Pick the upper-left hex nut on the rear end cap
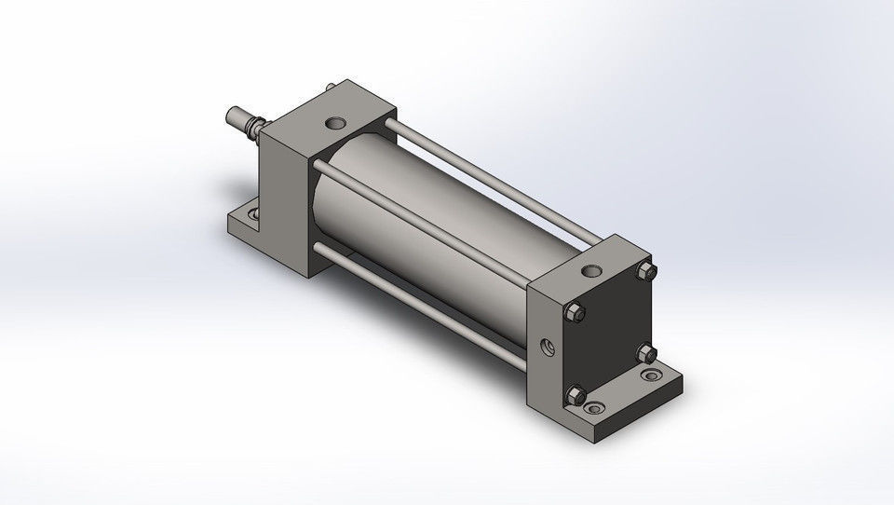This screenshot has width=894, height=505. point(577,316)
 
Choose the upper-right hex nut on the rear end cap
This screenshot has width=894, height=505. point(645,270)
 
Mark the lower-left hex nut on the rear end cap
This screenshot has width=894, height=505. point(576,395)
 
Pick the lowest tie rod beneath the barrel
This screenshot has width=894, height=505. point(428,303)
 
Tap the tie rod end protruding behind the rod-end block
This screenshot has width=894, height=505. point(331,89)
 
